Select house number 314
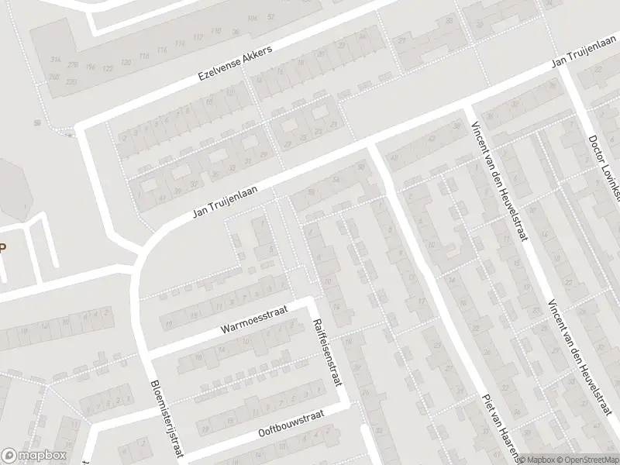(54, 60)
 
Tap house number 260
(53, 77)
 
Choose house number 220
(71, 81)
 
